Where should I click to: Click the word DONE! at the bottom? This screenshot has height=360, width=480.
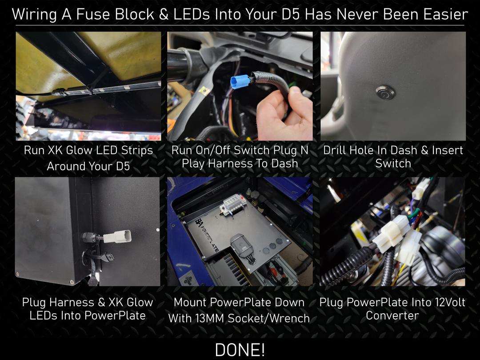240,350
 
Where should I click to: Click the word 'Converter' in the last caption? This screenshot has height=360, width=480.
392,316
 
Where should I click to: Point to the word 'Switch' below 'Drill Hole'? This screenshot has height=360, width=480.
393,163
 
